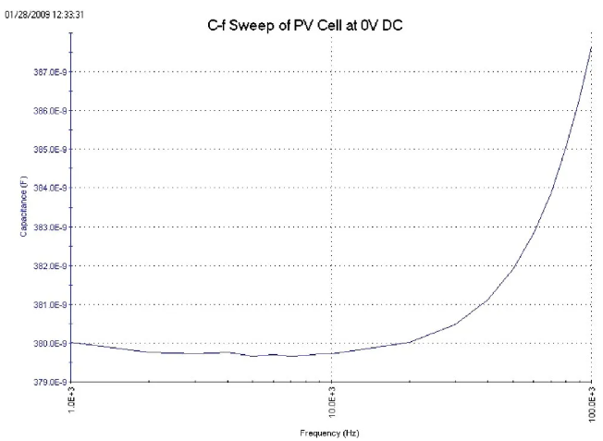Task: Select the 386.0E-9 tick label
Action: (x=48, y=110)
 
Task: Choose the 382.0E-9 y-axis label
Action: (x=48, y=265)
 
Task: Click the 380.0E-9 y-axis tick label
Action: (x=48, y=343)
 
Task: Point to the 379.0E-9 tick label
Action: (x=48, y=381)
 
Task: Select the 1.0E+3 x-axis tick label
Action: (x=73, y=400)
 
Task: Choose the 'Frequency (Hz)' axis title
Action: (x=329, y=432)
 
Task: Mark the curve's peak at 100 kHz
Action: (x=591, y=46)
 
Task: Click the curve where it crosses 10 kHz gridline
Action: (x=332, y=353)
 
